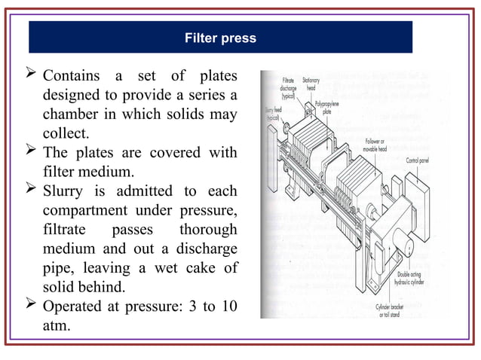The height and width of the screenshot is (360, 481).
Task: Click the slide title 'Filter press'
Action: (221, 38)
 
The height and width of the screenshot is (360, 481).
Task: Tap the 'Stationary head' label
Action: (310, 83)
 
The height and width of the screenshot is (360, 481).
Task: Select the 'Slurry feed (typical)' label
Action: (272, 115)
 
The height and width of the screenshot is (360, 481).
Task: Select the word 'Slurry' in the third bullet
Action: (65, 191)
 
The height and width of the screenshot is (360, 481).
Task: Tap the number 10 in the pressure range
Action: (228, 307)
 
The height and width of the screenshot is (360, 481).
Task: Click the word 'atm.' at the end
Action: (58, 326)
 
